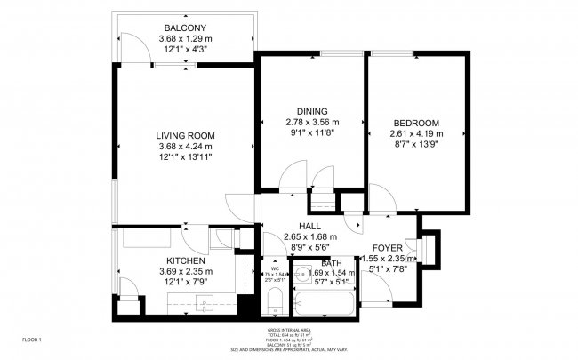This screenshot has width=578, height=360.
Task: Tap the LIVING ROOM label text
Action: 186,135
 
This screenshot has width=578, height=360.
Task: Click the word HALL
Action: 310,227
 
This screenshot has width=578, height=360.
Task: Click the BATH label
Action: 331,263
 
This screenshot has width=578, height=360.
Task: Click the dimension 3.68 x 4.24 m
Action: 186,146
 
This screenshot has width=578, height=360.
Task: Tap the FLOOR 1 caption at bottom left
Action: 32,340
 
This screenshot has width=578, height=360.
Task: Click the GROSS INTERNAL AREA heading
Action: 288,330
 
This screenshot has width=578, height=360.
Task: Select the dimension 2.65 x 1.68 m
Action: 310,237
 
